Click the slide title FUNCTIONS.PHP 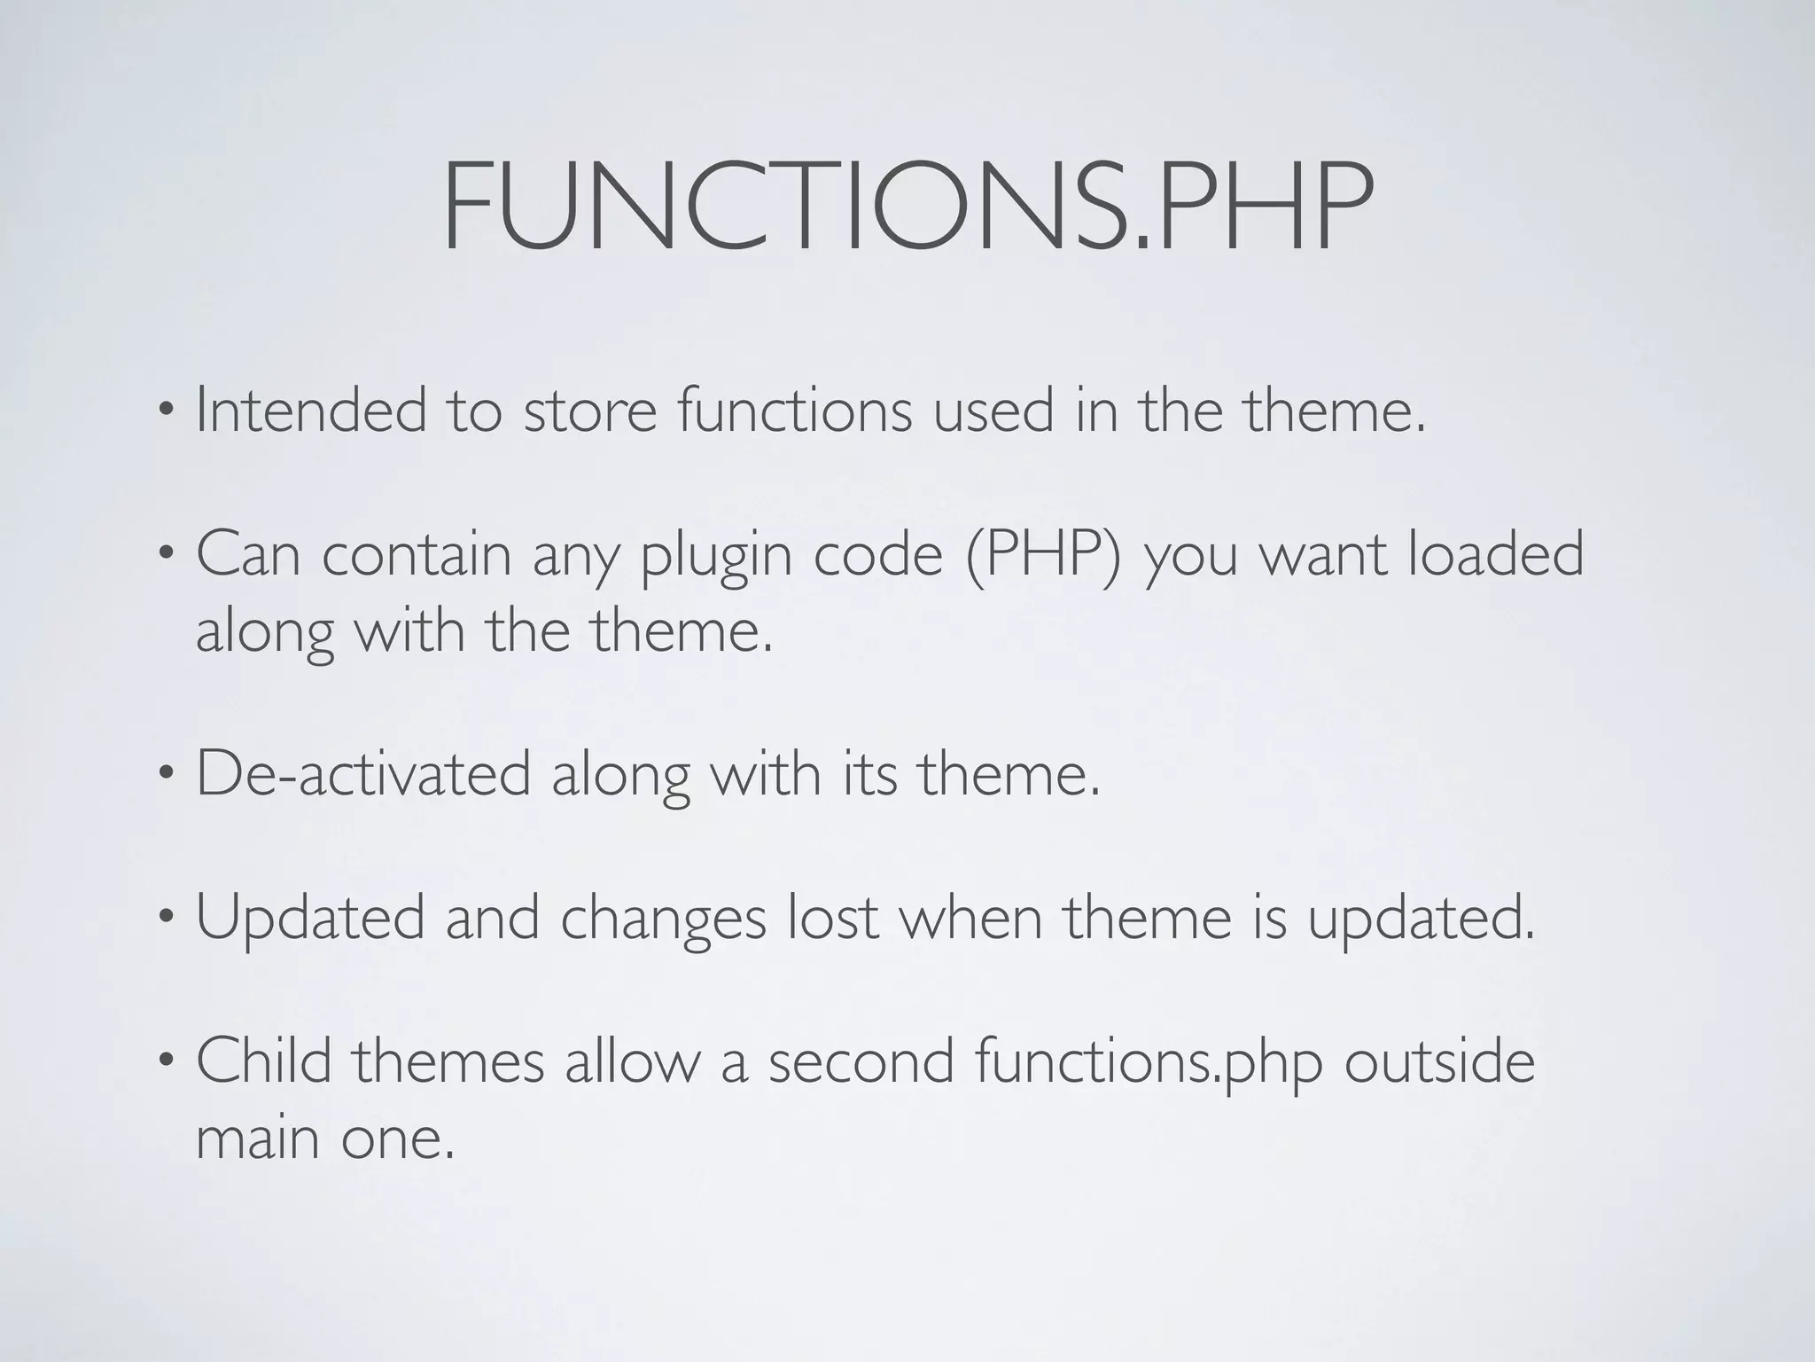907,207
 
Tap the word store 589,411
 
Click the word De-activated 363,773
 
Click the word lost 833,918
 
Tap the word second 861,1061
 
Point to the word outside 1439,1061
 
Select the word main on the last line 258,1137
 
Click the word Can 248,554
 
